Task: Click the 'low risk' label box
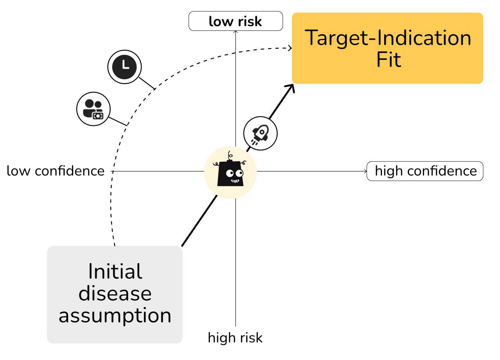tap(235, 21)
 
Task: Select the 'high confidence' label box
tap(425, 171)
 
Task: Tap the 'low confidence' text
tap(56, 171)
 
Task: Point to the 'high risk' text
tap(235, 338)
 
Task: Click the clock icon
tap(125, 67)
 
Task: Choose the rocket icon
tap(260, 133)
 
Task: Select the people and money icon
tap(93, 109)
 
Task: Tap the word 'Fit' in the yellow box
tap(388, 60)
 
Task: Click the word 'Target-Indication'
tap(387, 38)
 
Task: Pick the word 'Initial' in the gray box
tap(115, 271)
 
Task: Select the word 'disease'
tap(115, 294)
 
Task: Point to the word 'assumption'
tap(115, 316)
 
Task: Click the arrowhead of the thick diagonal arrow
tap(291, 88)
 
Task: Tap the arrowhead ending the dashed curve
tap(290, 48)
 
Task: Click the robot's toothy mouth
tap(235, 181)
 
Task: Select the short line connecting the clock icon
tap(147, 83)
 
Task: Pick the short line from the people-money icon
tap(118, 121)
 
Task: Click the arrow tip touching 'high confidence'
tap(365, 171)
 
